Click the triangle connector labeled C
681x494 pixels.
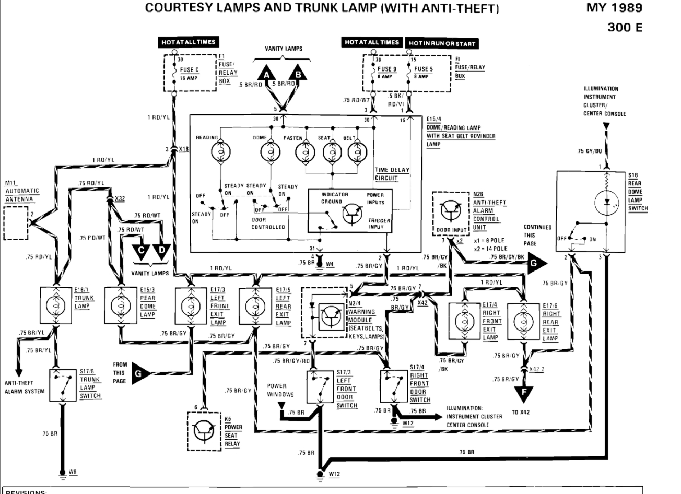[140, 251]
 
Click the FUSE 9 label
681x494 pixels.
[386, 69]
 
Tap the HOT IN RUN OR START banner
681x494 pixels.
[442, 44]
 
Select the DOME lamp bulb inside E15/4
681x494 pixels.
[271, 152]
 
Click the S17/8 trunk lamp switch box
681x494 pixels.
[63, 385]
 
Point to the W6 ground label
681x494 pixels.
[73, 472]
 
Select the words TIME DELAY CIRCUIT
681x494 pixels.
[392, 174]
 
